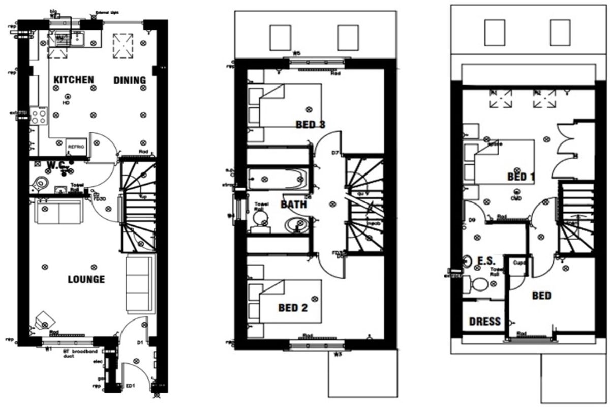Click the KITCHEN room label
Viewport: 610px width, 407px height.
point(74,80)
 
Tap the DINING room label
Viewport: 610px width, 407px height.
point(130,80)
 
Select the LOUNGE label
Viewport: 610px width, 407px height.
point(86,279)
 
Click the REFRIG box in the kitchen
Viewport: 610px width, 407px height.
point(76,147)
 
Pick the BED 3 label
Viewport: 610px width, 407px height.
point(310,125)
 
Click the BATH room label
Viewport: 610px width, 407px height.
point(294,205)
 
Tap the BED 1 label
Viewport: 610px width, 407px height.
point(521,177)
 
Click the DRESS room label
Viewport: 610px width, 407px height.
point(484,322)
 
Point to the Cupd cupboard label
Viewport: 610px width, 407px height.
point(518,263)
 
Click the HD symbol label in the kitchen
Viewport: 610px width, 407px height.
point(66,103)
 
